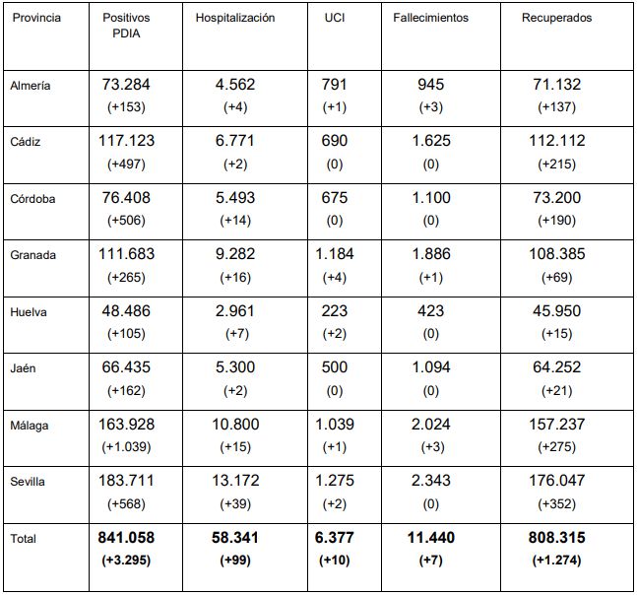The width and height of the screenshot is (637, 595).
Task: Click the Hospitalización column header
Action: [235, 18]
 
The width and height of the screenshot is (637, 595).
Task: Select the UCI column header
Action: [335, 18]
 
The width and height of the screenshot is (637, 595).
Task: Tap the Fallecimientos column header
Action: [430, 18]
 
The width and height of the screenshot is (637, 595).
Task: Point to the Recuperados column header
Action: [556, 18]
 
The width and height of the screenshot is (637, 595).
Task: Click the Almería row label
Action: [31, 86]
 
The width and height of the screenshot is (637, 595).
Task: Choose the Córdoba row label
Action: [32, 199]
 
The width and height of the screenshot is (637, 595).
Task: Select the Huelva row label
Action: [29, 312]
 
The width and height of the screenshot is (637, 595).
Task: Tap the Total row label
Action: [24, 539]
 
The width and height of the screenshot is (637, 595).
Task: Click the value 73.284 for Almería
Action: [126, 85]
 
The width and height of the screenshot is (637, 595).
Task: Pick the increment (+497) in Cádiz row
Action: [126, 165]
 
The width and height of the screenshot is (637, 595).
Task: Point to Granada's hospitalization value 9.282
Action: [235, 254]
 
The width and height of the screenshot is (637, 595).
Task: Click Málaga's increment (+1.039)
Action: [126, 447]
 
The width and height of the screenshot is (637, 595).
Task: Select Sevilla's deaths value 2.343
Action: [430, 481]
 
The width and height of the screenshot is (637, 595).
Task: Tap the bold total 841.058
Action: [126, 538]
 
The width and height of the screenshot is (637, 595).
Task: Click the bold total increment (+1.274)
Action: [556, 561]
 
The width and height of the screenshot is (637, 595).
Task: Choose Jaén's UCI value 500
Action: [335, 367]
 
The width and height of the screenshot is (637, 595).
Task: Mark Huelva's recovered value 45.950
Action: [556, 311]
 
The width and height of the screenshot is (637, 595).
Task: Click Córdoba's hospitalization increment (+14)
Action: [235, 221]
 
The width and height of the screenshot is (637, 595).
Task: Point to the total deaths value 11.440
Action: [430, 538]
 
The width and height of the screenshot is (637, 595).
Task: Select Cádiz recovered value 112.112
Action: [556, 141]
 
